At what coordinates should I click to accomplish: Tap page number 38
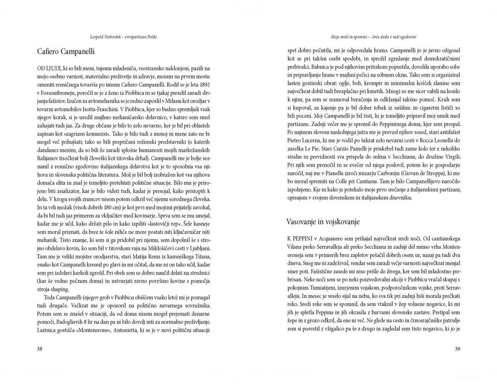pos(40,349)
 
